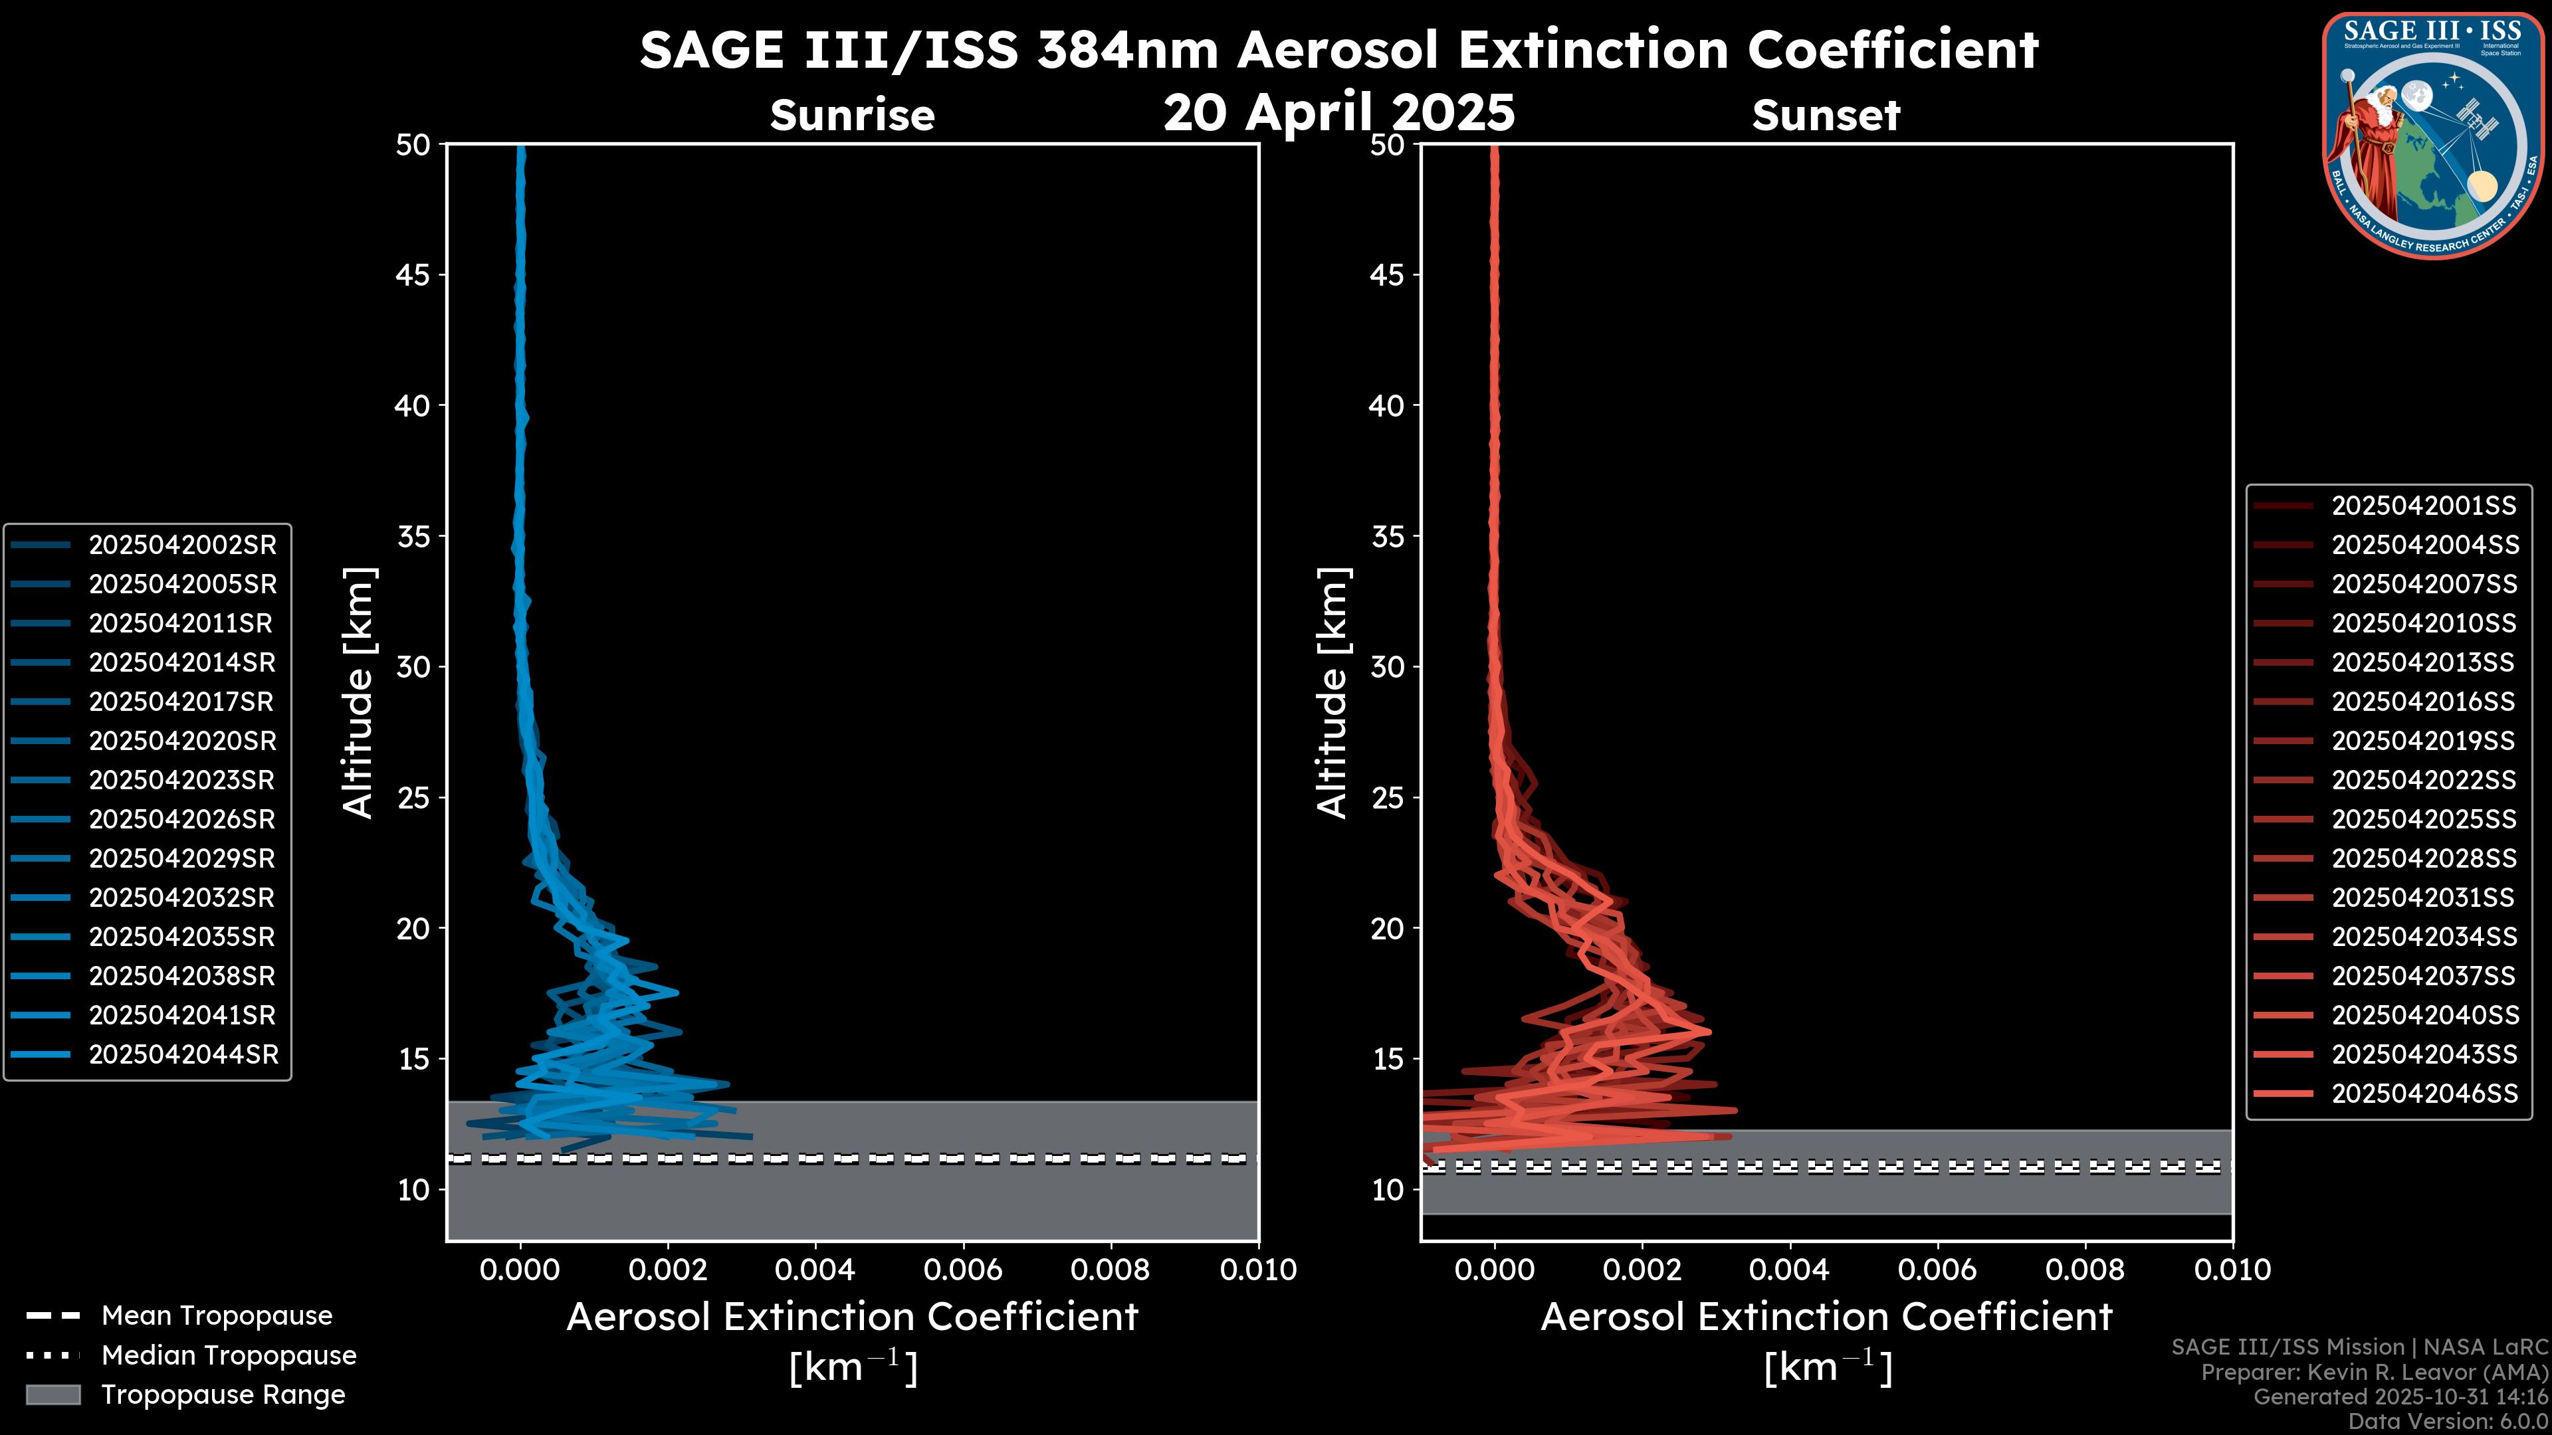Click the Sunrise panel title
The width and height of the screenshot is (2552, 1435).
click(852, 116)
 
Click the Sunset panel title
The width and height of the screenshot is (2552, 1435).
click(1826, 116)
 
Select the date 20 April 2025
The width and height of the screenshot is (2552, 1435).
click(1338, 112)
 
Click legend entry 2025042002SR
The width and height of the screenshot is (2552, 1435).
click(182, 545)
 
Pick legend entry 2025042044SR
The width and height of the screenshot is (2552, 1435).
click(183, 1055)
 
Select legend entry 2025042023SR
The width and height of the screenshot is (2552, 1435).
click(181, 781)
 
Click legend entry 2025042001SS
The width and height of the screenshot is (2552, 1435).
click(2423, 506)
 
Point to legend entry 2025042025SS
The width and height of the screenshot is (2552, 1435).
click(2423, 819)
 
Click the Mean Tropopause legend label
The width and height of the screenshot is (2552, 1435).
click(216, 1315)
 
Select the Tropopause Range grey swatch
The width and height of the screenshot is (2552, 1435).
click(53, 1394)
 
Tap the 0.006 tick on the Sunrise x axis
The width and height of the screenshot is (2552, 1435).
click(963, 1270)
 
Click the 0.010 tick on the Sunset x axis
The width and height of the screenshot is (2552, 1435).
click(2232, 1270)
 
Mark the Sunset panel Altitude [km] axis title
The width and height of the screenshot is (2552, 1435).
click(1332, 693)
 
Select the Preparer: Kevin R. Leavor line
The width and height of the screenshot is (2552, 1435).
click(2374, 1373)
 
